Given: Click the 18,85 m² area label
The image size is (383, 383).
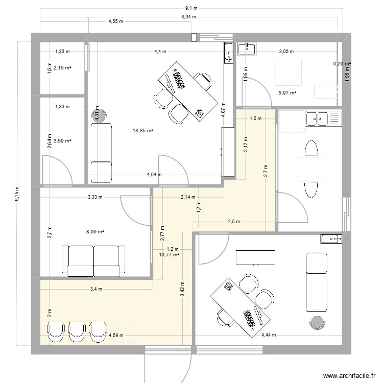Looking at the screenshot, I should [143, 131].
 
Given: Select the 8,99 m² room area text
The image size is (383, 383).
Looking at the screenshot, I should [95, 231].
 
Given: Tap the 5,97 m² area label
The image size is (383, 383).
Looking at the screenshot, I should [288, 92].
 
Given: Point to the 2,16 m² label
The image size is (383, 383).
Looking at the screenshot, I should [63, 67].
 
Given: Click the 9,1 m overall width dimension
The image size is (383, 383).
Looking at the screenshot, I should [192, 8].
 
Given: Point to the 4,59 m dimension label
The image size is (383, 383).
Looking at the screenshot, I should [117, 336].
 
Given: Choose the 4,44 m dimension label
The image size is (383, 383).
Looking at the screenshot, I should [269, 335].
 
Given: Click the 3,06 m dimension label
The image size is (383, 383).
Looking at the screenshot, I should [286, 51].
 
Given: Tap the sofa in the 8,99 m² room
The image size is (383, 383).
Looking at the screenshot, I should [93, 259].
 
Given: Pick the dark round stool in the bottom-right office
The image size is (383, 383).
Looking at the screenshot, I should [317, 323].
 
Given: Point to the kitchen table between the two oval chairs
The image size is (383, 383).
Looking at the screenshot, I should [311, 169].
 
